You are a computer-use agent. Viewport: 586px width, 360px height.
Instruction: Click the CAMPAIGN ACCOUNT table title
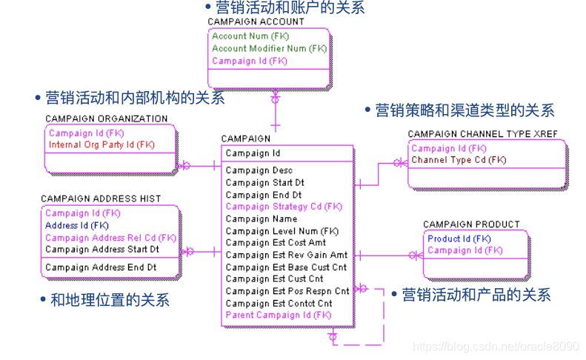coord(256,22)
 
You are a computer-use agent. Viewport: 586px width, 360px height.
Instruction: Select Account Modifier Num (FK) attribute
coord(269,48)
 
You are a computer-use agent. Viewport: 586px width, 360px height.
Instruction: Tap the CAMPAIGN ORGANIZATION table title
coord(107,119)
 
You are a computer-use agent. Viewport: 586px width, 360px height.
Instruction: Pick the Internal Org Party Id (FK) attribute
coord(101,145)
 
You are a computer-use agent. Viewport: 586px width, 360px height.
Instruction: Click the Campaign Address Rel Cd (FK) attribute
coord(110,238)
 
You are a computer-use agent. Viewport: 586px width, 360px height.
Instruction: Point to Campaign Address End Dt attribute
coord(101,267)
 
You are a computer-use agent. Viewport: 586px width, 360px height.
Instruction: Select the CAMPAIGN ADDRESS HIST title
coord(101,199)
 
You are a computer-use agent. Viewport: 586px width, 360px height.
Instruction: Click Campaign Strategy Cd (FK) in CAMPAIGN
coord(284,207)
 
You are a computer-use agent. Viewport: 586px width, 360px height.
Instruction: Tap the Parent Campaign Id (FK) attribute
coord(279,315)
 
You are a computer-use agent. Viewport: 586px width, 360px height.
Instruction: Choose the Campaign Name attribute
coord(262,219)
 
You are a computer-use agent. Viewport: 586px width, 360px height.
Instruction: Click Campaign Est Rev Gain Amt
coord(286,255)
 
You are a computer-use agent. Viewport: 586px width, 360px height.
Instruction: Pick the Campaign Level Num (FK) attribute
coord(282,231)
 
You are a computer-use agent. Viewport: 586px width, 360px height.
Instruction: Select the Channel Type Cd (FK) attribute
coord(459,160)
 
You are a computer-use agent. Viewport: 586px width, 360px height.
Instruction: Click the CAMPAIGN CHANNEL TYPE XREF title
coord(482,134)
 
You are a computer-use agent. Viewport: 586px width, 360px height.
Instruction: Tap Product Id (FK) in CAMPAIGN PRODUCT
coord(459,239)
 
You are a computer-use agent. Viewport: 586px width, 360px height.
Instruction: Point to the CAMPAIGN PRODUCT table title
coord(471,224)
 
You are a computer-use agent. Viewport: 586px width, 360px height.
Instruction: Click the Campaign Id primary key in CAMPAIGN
coord(253,153)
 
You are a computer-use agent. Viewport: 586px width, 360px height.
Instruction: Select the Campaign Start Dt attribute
coord(265,182)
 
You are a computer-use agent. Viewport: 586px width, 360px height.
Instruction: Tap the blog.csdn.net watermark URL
coord(496,346)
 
